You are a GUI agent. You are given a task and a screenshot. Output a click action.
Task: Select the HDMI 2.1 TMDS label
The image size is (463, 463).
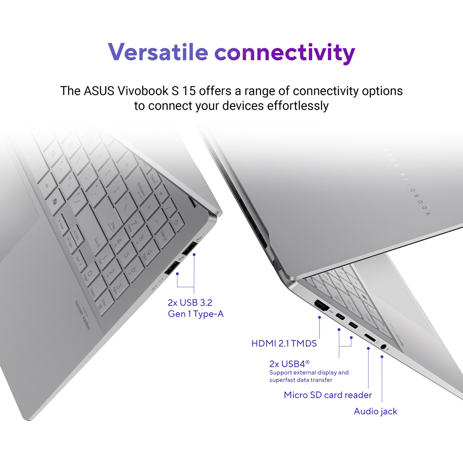[x=284, y=344]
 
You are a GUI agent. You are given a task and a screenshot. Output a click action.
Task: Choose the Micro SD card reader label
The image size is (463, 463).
[x=328, y=395]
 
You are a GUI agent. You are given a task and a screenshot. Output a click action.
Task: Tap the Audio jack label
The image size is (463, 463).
[x=375, y=411]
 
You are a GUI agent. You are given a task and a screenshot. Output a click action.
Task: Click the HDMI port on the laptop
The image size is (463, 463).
[x=321, y=306]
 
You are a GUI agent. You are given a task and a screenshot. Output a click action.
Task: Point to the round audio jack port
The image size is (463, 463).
[x=384, y=346]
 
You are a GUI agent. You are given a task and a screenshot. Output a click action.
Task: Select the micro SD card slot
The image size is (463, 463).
[x=370, y=338]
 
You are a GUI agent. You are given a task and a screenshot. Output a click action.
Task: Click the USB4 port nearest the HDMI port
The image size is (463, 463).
[x=340, y=317]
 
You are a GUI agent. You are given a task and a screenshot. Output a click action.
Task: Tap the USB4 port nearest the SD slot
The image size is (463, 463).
[x=353, y=325]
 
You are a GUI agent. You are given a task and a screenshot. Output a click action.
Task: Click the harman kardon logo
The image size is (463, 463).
[x=83, y=315]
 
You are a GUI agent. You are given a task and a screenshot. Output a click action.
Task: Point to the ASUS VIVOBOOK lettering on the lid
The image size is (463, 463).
[x=407, y=182]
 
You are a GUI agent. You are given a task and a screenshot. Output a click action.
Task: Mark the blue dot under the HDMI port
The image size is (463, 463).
[x=319, y=317]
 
